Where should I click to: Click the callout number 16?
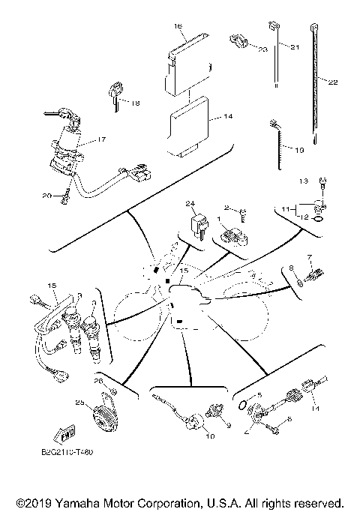pyautogui.click(x=178, y=26)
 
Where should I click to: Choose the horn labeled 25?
pyautogui.click(x=102, y=419)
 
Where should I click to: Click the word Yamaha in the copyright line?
pyautogui.click(x=87, y=501)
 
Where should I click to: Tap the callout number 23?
pyautogui.click(x=263, y=49)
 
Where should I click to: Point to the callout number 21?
pyautogui.click(x=294, y=47)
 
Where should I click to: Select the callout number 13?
pyautogui.click(x=304, y=181)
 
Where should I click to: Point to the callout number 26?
pyautogui.click(x=99, y=381)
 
